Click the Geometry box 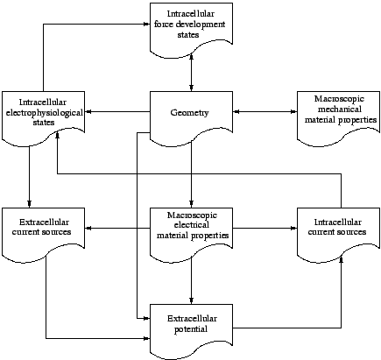click(x=191, y=114)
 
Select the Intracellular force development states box click(x=191, y=26)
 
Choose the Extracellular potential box click(x=191, y=327)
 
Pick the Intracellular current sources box click(x=339, y=232)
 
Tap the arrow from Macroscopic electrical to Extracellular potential click(x=191, y=280)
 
